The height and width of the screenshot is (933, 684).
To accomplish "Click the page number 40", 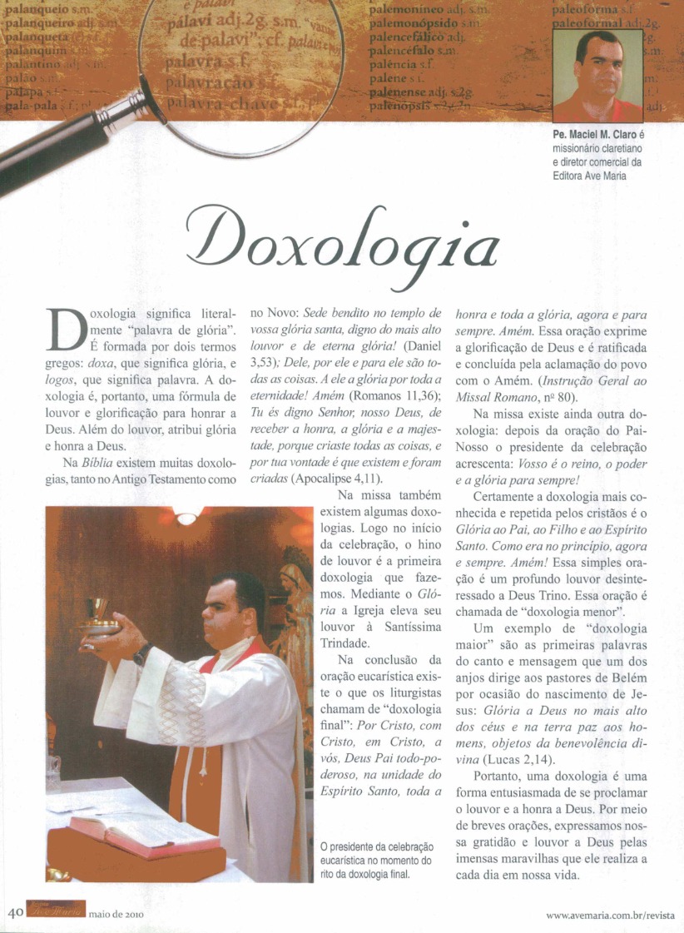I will (14, 913).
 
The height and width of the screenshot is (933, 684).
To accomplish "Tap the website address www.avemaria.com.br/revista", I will (610, 916).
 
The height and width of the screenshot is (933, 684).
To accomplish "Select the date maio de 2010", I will (116, 914).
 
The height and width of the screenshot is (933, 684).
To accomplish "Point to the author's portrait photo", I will (597, 77).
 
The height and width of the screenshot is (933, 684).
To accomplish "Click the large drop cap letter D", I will (65, 330).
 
